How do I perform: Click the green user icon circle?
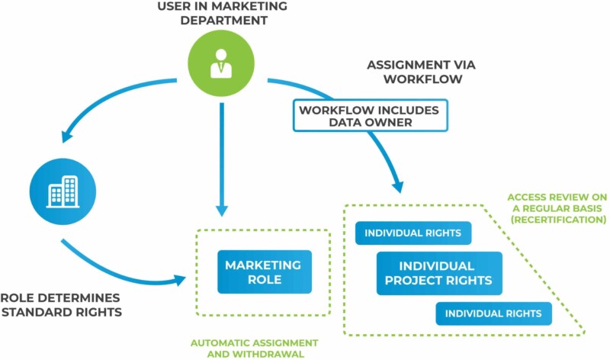click(x=222, y=60)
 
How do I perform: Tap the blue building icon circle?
click(x=63, y=189)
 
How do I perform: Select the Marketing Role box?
click(x=263, y=272)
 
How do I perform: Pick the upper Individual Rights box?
click(x=413, y=233)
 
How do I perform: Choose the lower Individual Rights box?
click(x=493, y=313)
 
